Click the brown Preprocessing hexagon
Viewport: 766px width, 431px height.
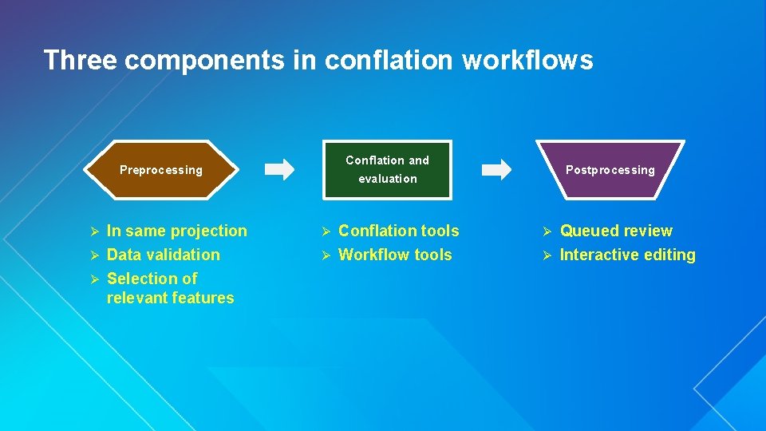(161, 170)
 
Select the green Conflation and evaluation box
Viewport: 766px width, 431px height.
(387, 169)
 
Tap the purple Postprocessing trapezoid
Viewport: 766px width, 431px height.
(610, 170)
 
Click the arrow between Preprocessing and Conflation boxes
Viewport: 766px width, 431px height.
(279, 169)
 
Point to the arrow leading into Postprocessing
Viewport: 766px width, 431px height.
(497, 169)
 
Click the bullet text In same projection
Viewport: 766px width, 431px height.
(176, 231)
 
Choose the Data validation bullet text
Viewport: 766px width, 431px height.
(163, 255)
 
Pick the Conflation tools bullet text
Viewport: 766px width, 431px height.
(398, 231)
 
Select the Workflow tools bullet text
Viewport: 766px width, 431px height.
(395, 255)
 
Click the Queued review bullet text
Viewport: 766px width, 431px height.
(616, 231)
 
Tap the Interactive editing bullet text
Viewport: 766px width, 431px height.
(627, 255)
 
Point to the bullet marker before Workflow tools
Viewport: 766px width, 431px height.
(325, 255)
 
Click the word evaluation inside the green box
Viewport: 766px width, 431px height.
(387, 179)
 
